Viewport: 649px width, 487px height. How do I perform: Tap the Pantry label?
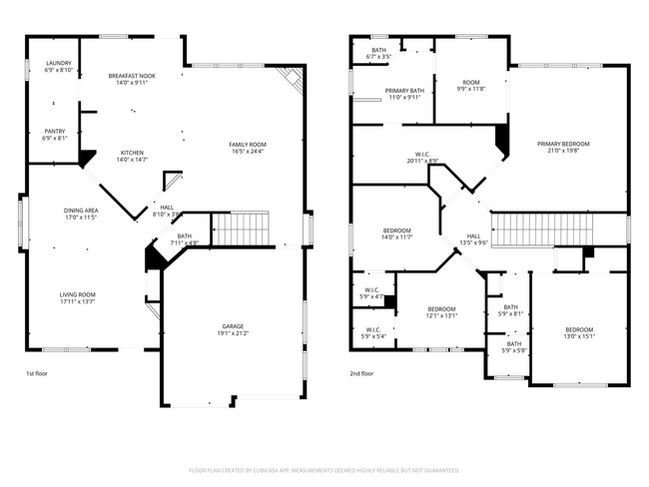pyautogui.click(x=55, y=131)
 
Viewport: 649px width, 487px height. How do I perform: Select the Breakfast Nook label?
pyautogui.click(x=133, y=76)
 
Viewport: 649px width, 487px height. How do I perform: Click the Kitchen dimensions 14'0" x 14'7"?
pyautogui.click(x=133, y=159)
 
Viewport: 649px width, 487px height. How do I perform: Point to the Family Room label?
pyautogui.click(x=248, y=144)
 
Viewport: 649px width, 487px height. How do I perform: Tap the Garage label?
pyautogui.click(x=234, y=326)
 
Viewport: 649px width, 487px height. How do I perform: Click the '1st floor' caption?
pyautogui.click(x=37, y=373)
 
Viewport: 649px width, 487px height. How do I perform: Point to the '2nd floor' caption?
pyautogui.click(x=361, y=373)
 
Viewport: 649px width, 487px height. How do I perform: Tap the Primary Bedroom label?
pyautogui.click(x=563, y=144)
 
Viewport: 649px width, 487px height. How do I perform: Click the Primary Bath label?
pyautogui.click(x=405, y=90)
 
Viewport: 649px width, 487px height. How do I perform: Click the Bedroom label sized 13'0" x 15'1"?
pyautogui.click(x=579, y=329)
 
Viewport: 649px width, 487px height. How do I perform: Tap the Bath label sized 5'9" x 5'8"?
pyautogui.click(x=513, y=343)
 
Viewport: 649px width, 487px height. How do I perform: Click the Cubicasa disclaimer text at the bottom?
pyautogui.click(x=324, y=469)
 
